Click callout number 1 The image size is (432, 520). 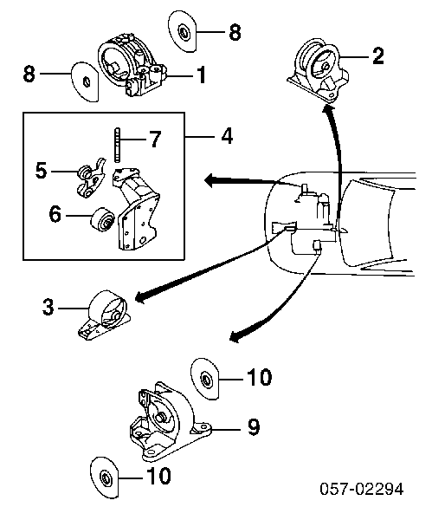pos(201,75)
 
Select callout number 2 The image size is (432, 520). pos(377,56)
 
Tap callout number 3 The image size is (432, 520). pos(48,307)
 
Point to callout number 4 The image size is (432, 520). pos(227,135)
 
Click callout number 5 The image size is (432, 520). pos(42,171)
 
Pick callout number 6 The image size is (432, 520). pos(55,214)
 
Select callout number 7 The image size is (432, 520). pos(154,139)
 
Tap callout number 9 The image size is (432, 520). pos(254,427)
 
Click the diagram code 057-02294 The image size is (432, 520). pos(362,489)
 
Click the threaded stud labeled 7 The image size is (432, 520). pos(117,145)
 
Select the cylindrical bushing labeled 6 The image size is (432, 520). pos(102,219)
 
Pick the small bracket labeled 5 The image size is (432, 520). pos(90,177)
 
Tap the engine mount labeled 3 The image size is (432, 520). pos(105,315)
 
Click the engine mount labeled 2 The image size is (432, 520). pos(319,71)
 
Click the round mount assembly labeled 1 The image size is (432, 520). pos(132,65)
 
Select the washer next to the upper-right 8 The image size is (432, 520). pos(182,31)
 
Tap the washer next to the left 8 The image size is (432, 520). pos(85,81)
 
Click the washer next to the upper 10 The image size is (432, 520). pos(205,379)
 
